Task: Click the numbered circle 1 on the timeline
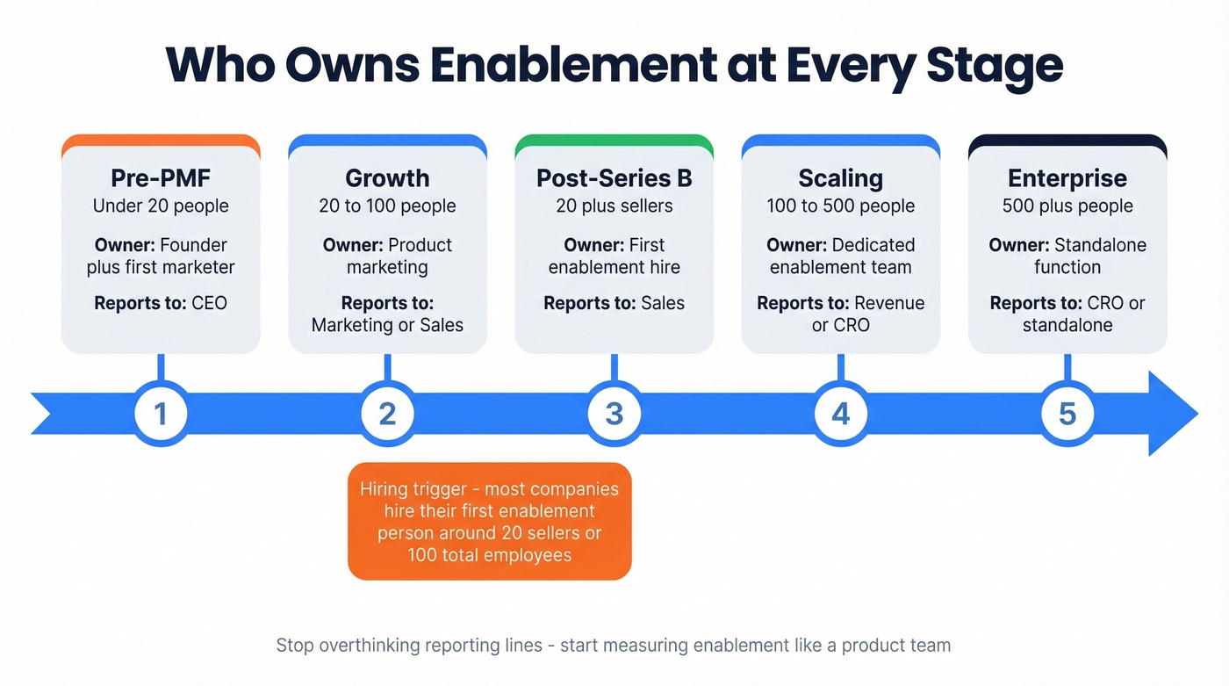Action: coord(161,414)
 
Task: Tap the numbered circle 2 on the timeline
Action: coord(387,414)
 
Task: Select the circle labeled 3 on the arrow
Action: coord(614,414)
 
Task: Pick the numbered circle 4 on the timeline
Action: coord(841,414)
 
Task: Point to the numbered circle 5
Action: coord(1067,414)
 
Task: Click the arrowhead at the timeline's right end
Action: coord(1173,414)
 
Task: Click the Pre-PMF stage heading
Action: coord(161,178)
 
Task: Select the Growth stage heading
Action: coord(387,178)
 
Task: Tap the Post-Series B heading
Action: coord(614,178)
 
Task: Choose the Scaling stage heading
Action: coord(841,178)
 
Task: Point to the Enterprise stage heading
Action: coord(1067,178)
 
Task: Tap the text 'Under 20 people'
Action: coord(161,206)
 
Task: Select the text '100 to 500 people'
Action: coord(841,206)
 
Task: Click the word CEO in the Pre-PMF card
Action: coord(209,303)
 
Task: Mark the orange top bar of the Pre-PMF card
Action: coord(161,141)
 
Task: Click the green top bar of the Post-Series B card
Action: coord(614,141)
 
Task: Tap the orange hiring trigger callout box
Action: coord(490,522)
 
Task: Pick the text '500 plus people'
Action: coord(1067,206)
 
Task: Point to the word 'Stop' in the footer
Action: coord(295,646)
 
